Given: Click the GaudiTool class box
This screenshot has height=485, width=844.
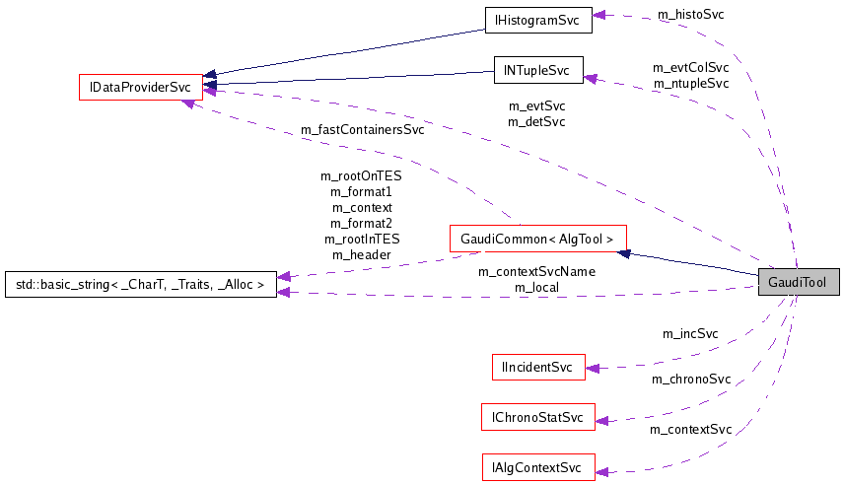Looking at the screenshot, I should [799, 282].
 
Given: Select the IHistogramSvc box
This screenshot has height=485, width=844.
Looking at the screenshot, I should [537, 19].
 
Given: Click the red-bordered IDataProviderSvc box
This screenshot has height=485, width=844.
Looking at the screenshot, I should [140, 87].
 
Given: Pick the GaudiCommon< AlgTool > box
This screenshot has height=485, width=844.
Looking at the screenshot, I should [536, 239].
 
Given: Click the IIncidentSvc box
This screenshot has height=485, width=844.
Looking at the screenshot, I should [537, 367].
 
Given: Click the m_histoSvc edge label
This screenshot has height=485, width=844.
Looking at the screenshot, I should [690, 16].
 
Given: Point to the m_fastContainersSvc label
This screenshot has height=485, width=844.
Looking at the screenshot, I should [364, 129].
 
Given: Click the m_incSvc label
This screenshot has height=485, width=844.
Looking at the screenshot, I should [690, 333].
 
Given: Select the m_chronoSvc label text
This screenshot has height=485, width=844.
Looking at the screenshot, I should [690, 379].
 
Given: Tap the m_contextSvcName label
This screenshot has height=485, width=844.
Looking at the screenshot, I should [536, 271].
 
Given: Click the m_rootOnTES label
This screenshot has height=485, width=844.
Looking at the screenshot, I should [361, 175].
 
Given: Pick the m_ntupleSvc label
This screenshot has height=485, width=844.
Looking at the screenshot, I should [690, 83].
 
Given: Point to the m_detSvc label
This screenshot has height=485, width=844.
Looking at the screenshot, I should [536, 121].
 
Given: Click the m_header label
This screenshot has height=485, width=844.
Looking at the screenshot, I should [361, 254].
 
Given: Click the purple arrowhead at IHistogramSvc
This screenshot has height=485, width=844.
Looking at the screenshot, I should [598, 16].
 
